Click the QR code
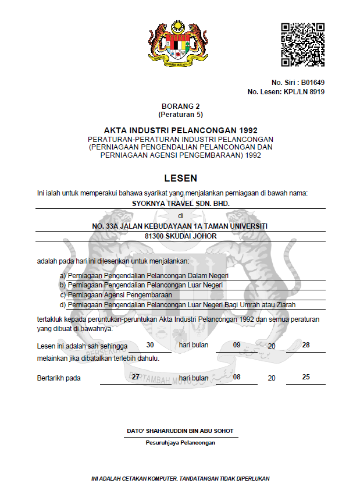[x=302, y=45]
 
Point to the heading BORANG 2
[x=180, y=106]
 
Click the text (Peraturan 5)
[x=180, y=115]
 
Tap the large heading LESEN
[x=180, y=179]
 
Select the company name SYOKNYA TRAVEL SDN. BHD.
[x=180, y=204]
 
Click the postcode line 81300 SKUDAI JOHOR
[x=180, y=236]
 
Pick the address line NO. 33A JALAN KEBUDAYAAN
[x=180, y=225]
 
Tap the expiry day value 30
[x=150, y=345]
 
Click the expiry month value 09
[x=237, y=345]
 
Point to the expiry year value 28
[x=306, y=345]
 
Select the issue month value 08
[x=237, y=377]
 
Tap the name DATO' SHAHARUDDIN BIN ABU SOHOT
[x=180, y=431]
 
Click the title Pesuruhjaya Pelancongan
[x=180, y=443]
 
